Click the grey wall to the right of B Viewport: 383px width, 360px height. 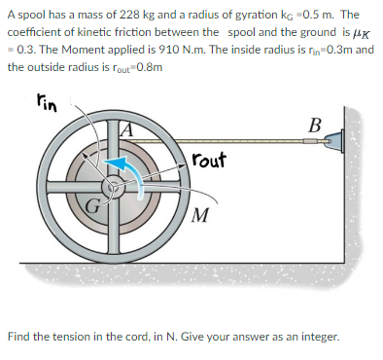pyautogui.click(x=359, y=175)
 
